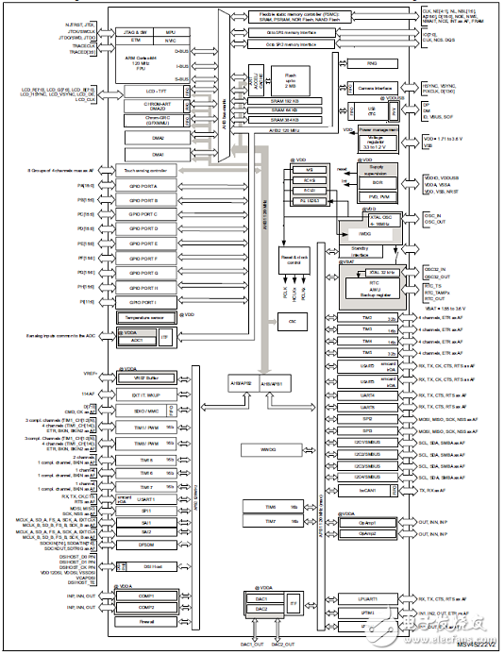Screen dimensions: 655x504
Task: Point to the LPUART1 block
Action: (x=369, y=598)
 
